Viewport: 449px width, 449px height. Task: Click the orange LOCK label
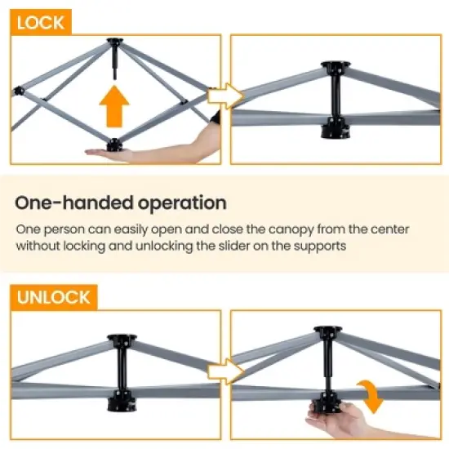click(x=40, y=22)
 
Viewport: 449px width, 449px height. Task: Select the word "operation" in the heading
click(x=175, y=203)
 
